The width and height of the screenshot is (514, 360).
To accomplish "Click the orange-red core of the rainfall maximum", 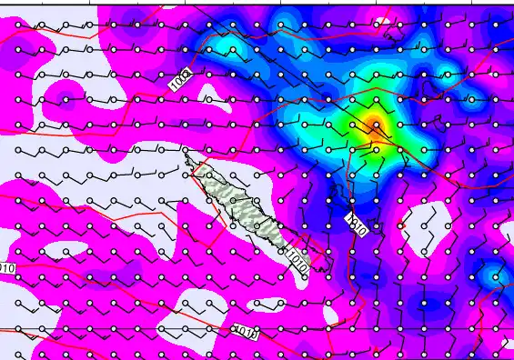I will (374, 127).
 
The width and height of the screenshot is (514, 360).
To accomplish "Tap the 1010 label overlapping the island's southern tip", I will (297, 263).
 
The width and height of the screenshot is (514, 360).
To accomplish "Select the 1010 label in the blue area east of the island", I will (356, 225).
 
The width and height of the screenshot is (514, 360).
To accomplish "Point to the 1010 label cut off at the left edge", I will (5, 268).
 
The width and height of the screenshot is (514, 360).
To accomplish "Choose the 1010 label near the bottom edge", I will (245, 334).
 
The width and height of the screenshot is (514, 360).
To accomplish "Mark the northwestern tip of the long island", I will (188, 157).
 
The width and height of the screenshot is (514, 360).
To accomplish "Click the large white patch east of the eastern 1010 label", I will (428, 232).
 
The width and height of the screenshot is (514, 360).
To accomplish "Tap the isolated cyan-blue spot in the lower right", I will (492, 273).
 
